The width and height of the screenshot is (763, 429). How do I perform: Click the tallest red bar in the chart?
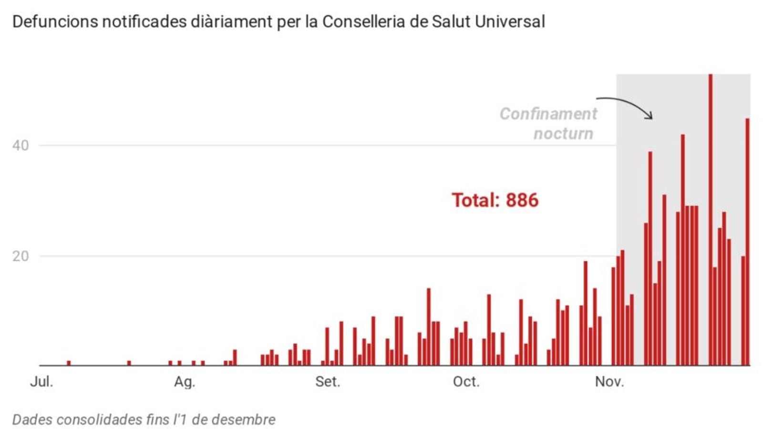point(710,219)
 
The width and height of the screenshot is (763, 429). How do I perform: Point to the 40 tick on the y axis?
point(21,145)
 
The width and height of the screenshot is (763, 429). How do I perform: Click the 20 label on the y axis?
point(21,256)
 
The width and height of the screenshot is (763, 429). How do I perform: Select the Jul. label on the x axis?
point(41,382)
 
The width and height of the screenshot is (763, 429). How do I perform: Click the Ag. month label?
point(184,382)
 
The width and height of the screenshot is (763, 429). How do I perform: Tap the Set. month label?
point(328,382)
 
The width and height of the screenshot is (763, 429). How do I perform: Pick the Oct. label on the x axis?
point(466,382)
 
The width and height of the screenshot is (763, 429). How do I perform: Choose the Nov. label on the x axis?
point(609,382)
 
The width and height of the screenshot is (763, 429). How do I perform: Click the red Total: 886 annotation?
point(495,200)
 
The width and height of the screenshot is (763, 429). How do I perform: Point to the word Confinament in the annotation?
point(548,114)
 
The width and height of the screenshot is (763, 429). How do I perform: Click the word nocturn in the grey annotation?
point(563,133)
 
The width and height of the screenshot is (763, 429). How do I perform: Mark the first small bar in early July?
point(69,363)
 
